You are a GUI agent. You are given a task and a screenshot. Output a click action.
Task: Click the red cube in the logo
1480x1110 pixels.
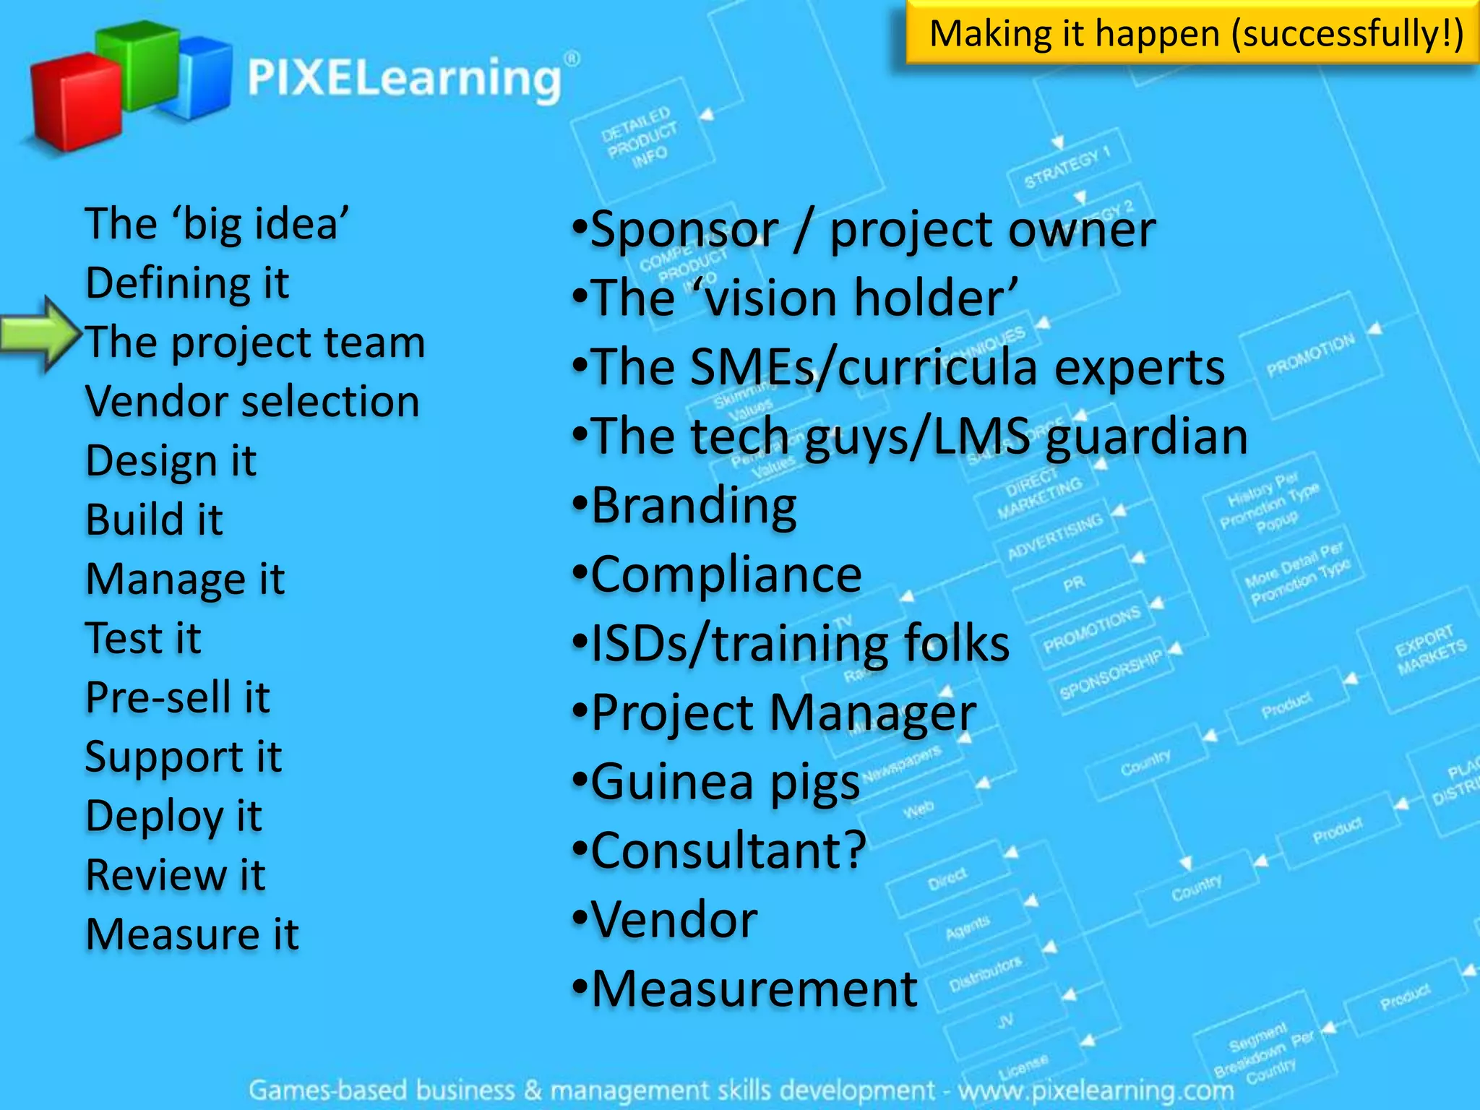(76, 101)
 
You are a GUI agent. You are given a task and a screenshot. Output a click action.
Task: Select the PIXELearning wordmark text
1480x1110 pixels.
(405, 78)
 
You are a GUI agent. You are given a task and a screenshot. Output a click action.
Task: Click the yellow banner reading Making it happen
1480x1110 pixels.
(1192, 33)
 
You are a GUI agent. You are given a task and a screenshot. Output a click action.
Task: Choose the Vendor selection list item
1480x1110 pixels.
(252, 401)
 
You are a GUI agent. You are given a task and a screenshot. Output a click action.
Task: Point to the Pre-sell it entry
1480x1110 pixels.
(177, 697)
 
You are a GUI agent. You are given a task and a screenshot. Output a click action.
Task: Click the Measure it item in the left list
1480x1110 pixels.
(192, 934)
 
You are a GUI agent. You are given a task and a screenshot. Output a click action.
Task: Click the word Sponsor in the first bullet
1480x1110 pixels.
(684, 230)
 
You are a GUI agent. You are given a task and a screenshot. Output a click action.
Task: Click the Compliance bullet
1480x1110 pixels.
(726, 575)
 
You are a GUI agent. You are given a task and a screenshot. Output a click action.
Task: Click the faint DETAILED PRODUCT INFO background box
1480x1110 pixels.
(639, 137)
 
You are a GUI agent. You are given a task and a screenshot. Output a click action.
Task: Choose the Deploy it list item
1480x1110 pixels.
(173, 816)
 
